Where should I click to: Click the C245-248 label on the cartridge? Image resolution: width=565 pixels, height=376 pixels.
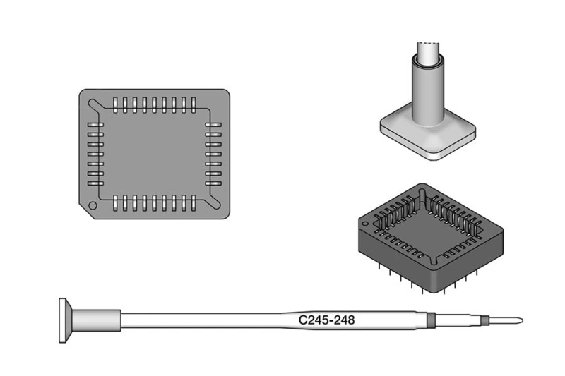[326, 320]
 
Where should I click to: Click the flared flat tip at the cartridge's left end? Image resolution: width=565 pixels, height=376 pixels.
[66, 320]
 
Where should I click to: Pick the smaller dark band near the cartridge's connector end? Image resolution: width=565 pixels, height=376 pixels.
[484, 321]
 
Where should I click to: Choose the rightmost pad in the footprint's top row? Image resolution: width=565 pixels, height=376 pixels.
[191, 104]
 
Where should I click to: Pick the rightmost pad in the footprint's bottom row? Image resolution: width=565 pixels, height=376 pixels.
[191, 203]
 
